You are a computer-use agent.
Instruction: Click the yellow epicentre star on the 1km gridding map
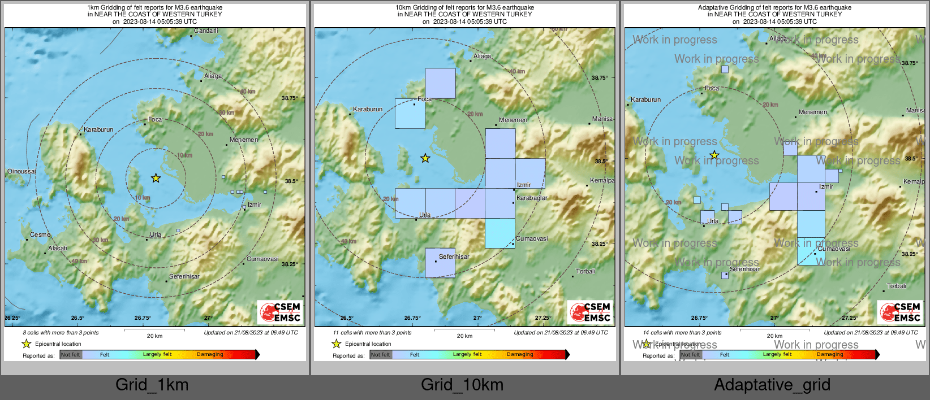pyautogui.click(x=156, y=179)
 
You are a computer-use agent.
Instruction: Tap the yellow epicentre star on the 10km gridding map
pyautogui.click(x=425, y=159)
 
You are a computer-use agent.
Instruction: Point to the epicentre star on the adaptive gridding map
pyautogui.click(x=714, y=155)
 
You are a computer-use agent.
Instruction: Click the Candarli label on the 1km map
pyautogui.click(x=206, y=31)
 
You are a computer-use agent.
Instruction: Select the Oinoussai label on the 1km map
pyautogui.click(x=21, y=172)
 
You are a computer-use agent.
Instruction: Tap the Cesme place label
pyautogui.click(x=40, y=234)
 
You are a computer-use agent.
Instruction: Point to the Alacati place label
pyautogui.click(x=58, y=248)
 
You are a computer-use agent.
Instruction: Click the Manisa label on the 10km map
pyautogui.click(x=602, y=119)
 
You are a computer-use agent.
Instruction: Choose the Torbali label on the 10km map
pyautogui.click(x=585, y=272)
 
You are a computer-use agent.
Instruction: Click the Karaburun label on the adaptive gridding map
pyautogui.click(x=645, y=100)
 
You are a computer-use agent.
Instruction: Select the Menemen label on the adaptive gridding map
pyautogui.click(x=813, y=112)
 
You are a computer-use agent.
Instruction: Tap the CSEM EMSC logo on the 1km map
pyautogui.click(x=280, y=312)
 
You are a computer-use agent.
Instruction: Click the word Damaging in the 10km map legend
pyautogui.click(x=520, y=355)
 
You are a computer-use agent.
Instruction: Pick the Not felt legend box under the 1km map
pyautogui.click(x=71, y=355)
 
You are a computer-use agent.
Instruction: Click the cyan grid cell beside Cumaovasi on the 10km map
pyautogui.click(x=500, y=233)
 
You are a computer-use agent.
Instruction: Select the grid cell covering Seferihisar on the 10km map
pyautogui.click(x=440, y=263)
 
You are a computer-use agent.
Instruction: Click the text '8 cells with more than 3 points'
pyautogui.click(x=61, y=333)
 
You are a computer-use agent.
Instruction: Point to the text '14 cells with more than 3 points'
pyautogui.click(x=682, y=333)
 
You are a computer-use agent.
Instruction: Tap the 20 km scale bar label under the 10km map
pyautogui.click(x=464, y=336)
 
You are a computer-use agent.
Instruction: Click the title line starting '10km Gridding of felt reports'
pyautogui.click(x=464, y=8)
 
